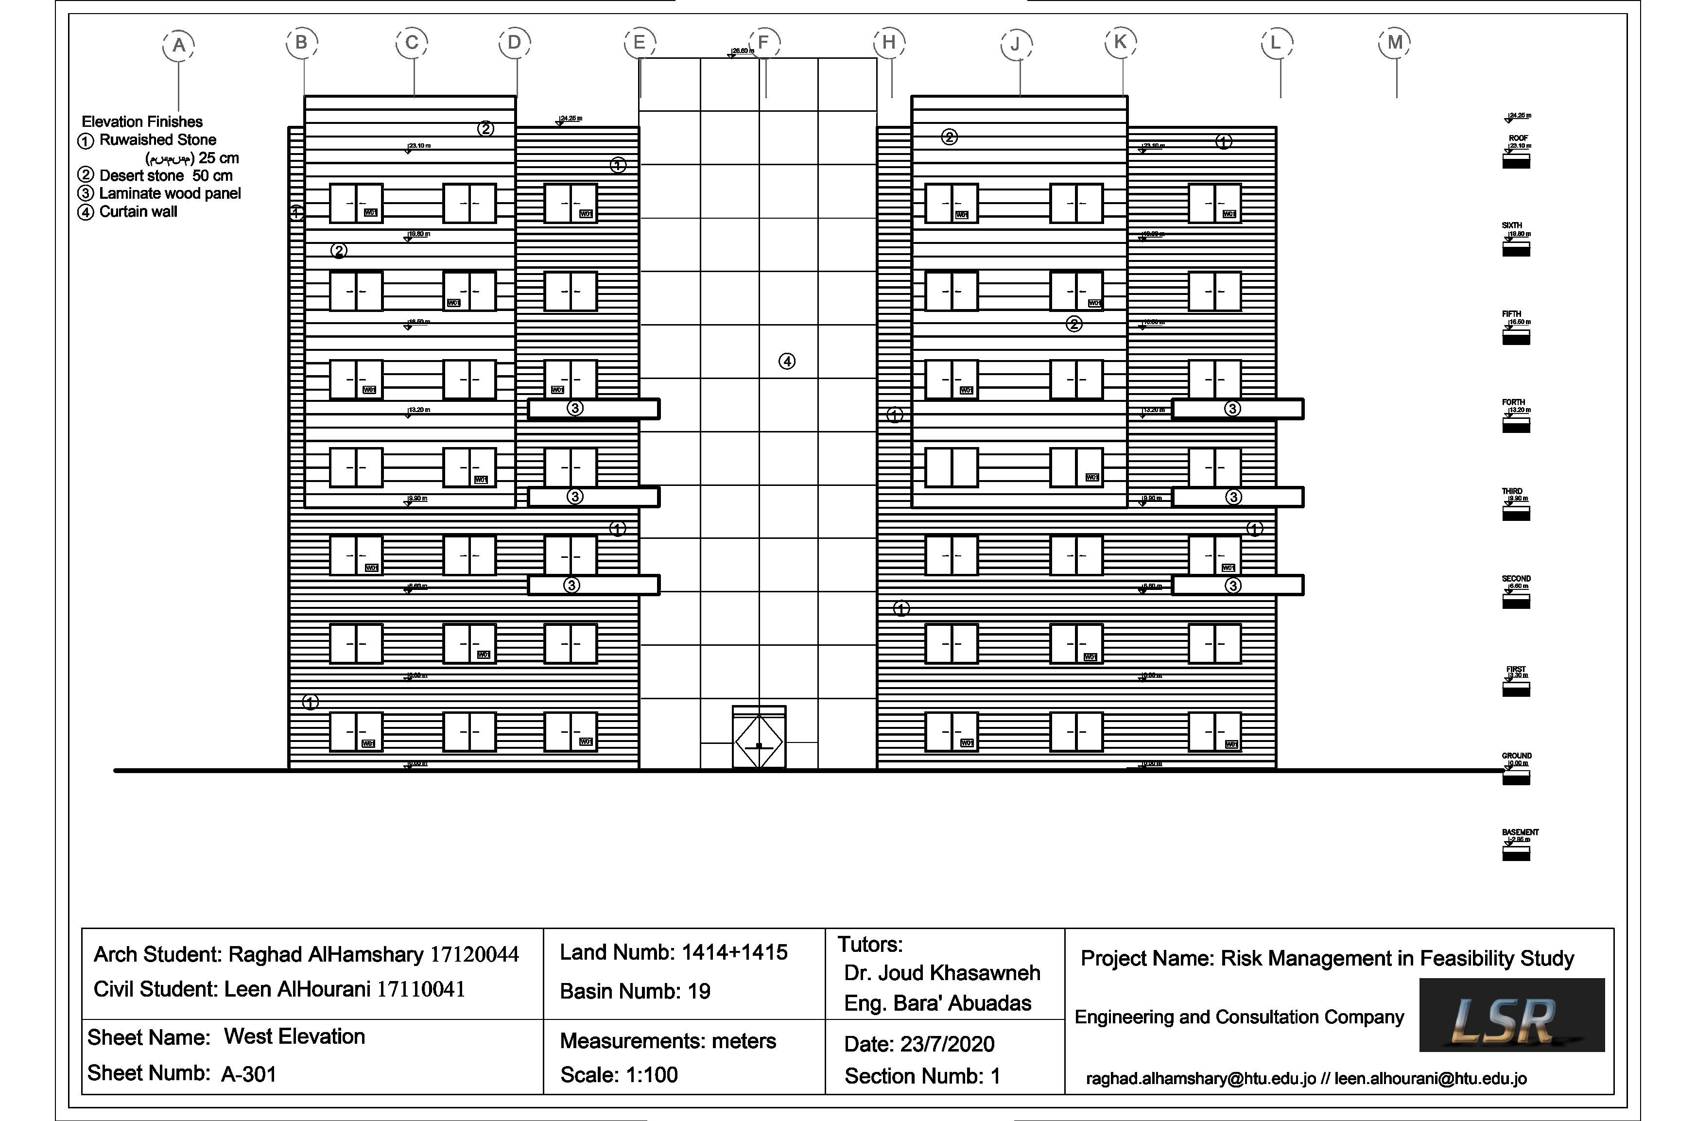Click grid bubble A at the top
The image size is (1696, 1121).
pos(179,45)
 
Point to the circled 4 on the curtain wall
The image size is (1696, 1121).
pos(786,361)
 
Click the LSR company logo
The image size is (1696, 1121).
pos(1511,1015)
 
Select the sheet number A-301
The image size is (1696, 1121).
pos(248,1074)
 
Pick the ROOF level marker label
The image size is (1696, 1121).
pos(1518,138)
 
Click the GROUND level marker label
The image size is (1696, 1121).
pos(1517,756)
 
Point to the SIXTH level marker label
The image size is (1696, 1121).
pos(1512,225)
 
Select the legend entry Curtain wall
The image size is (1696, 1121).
pos(138,212)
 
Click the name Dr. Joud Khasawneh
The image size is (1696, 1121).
pos(942,973)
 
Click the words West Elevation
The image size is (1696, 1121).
pos(294,1036)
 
